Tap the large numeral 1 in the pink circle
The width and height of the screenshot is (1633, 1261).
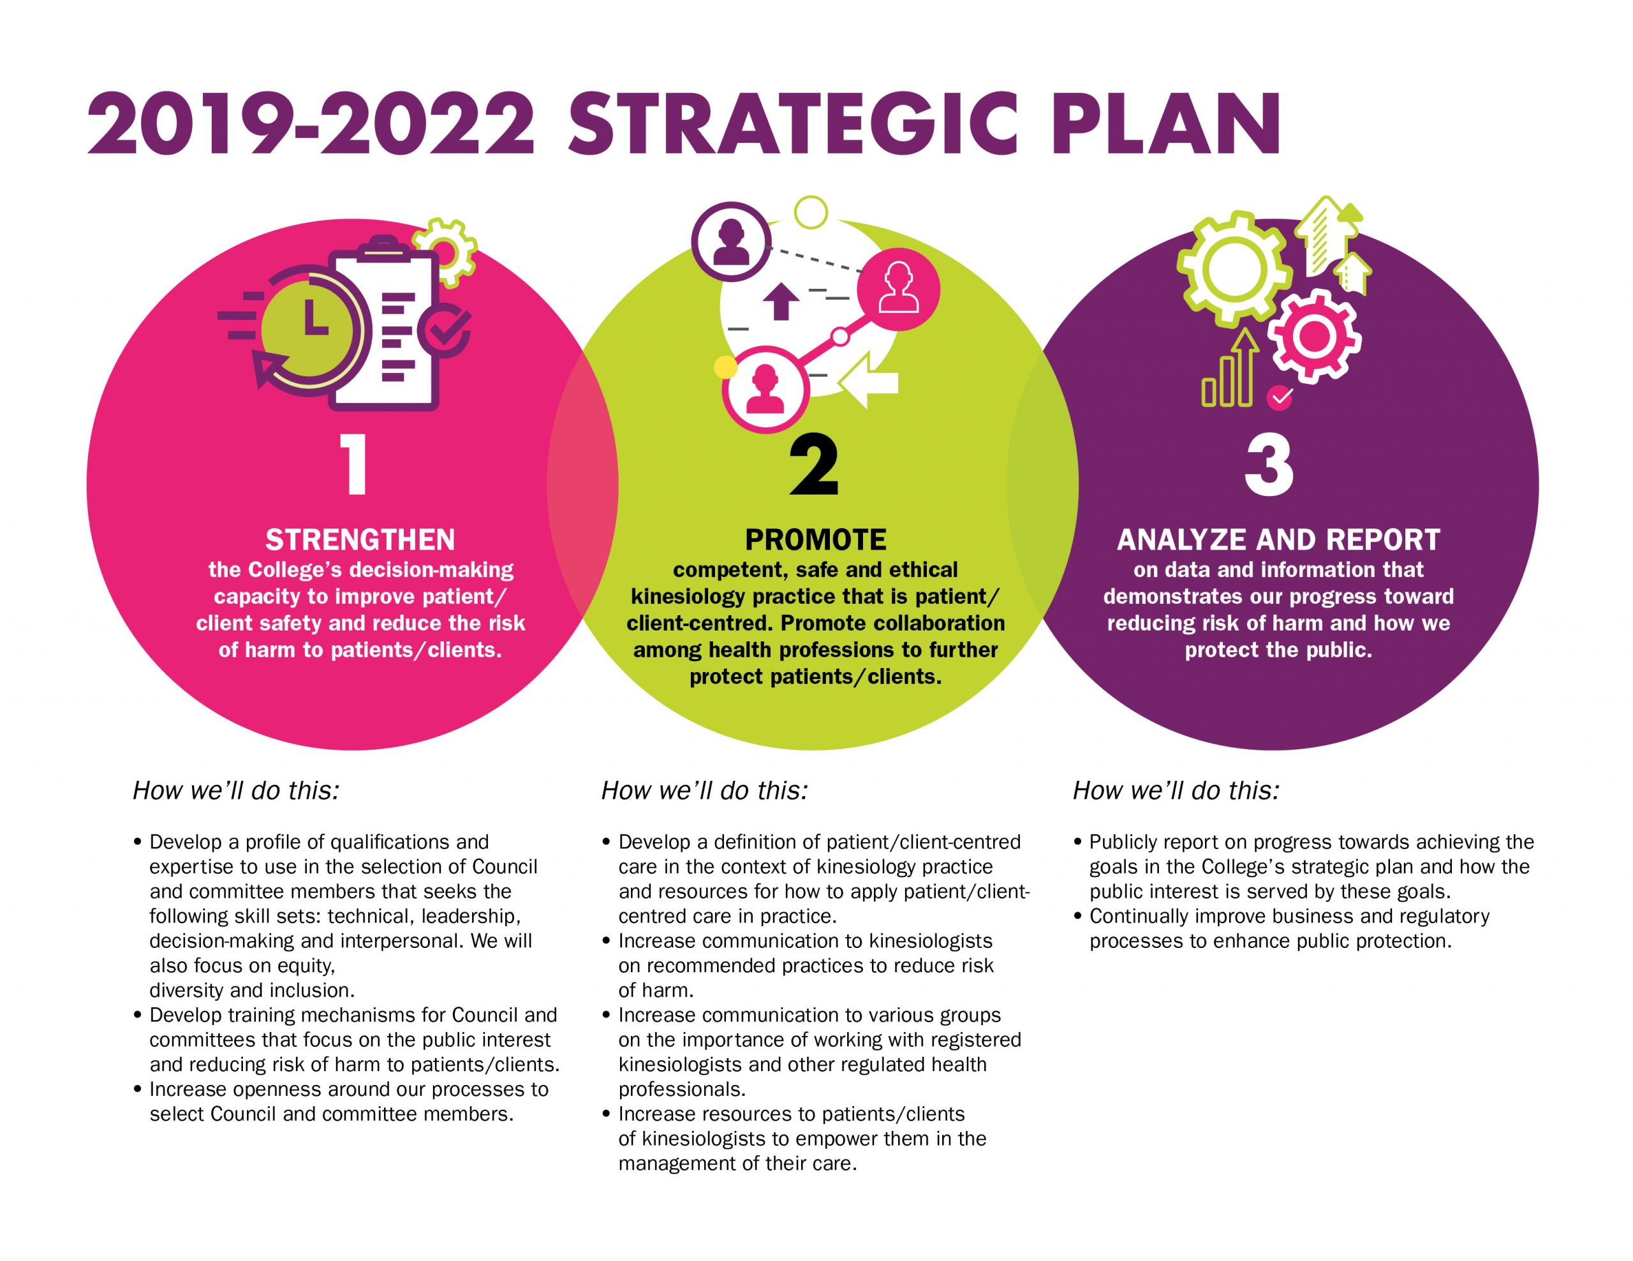[x=355, y=465]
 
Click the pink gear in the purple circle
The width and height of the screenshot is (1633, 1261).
[x=1313, y=337]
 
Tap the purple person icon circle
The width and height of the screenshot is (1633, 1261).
[x=730, y=242]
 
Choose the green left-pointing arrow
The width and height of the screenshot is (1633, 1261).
[x=868, y=381]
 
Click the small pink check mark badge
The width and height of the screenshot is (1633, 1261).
[x=1280, y=398]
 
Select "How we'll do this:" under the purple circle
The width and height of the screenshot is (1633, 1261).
[x=1176, y=791]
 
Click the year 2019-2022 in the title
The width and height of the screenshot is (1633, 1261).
[x=312, y=123]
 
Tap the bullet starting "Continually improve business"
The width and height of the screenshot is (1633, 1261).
[x=1281, y=928]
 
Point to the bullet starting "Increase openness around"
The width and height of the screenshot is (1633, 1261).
[x=341, y=1102]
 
